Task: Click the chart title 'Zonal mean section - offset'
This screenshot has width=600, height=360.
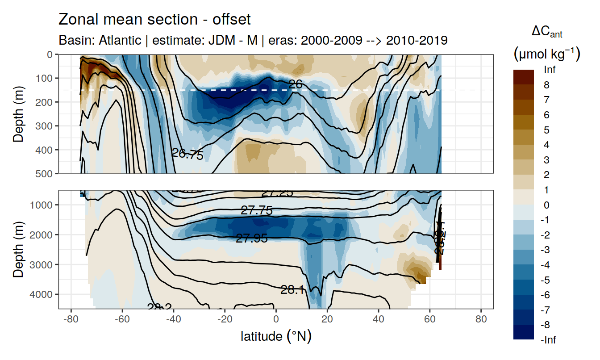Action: (154, 20)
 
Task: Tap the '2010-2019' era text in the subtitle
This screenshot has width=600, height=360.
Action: (417, 41)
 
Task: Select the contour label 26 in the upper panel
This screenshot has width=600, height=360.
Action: (296, 84)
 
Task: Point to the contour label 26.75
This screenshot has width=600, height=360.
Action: (187, 155)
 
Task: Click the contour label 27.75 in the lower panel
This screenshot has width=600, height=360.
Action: (256, 211)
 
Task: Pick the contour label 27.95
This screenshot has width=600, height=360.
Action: (252, 239)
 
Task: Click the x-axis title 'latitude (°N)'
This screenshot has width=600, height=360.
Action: (276, 336)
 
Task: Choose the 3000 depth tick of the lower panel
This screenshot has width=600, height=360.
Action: (41, 264)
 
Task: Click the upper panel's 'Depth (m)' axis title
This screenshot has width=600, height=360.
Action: (18, 114)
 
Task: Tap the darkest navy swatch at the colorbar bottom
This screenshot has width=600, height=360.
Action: (523, 332)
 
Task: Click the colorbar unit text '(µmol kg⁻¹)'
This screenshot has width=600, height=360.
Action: (546, 54)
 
